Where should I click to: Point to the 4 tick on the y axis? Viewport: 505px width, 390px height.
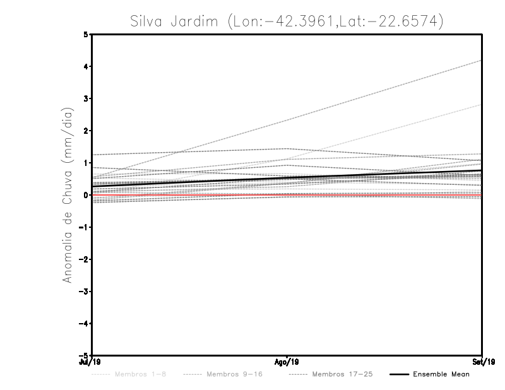(x=86, y=66)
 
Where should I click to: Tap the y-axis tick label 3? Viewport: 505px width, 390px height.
(x=86, y=98)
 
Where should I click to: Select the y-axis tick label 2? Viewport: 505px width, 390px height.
(x=86, y=131)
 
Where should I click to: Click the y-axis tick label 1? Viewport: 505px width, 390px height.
(x=86, y=163)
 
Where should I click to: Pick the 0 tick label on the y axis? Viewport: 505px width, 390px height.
(x=86, y=195)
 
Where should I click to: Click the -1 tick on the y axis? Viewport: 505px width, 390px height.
(x=85, y=227)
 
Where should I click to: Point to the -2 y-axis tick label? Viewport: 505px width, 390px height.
(x=85, y=259)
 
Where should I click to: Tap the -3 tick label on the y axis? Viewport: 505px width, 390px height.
(x=85, y=292)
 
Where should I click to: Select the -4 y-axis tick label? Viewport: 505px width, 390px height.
(x=85, y=324)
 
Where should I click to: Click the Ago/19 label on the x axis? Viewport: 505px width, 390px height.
(x=287, y=362)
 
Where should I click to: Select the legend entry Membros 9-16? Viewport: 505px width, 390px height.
(x=234, y=375)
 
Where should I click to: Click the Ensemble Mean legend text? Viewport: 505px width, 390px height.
(x=441, y=375)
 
